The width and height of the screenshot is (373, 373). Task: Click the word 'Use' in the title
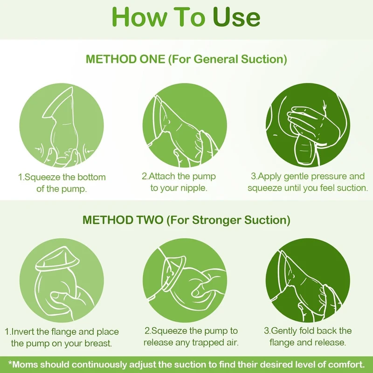(x=236, y=17)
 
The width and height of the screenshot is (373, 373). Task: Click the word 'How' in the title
(x=139, y=17)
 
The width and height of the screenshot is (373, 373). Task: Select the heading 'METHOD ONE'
(x=125, y=59)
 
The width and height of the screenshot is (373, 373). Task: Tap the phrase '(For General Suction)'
(x=228, y=59)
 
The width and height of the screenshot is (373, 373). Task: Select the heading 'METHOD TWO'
(x=123, y=220)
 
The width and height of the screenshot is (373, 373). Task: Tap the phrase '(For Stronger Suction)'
(x=228, y=220)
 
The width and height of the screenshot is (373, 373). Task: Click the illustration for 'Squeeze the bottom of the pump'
(x=62, y=125)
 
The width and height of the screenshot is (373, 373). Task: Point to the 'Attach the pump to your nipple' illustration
(x=185, y=125)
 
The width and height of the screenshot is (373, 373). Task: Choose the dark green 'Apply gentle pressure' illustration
(x=308, y=125)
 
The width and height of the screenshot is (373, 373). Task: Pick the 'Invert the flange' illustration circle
(x=62, y=281)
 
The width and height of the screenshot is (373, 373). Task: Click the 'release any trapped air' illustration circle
(x=185, y=281)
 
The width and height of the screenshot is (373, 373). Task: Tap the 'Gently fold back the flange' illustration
(x=308, y=281)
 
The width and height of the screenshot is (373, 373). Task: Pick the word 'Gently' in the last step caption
(x=284, y=331)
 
